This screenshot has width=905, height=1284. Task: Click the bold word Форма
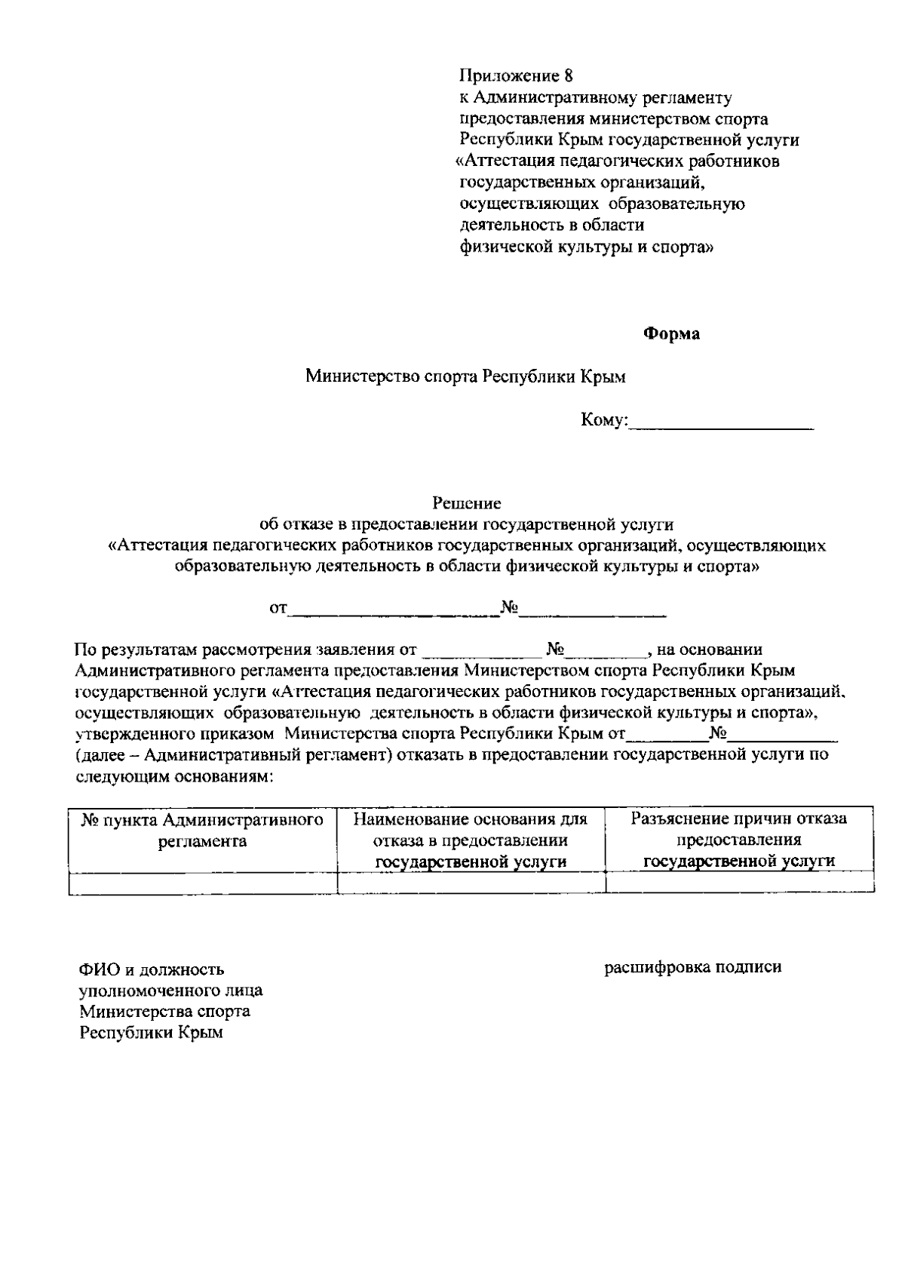click(x=670, y=333)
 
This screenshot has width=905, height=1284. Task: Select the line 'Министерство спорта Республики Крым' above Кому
click(x=465, y=376)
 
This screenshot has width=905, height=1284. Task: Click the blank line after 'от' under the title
click(x=394, y=613)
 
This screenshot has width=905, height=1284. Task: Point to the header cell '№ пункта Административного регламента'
click(x=202, y=831)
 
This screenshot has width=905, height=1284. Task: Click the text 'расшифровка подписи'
click(x=693, y=967)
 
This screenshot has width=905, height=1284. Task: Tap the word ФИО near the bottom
click(x=96, y=969)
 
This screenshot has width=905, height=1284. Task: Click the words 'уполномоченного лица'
click(x=172, y=991)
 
